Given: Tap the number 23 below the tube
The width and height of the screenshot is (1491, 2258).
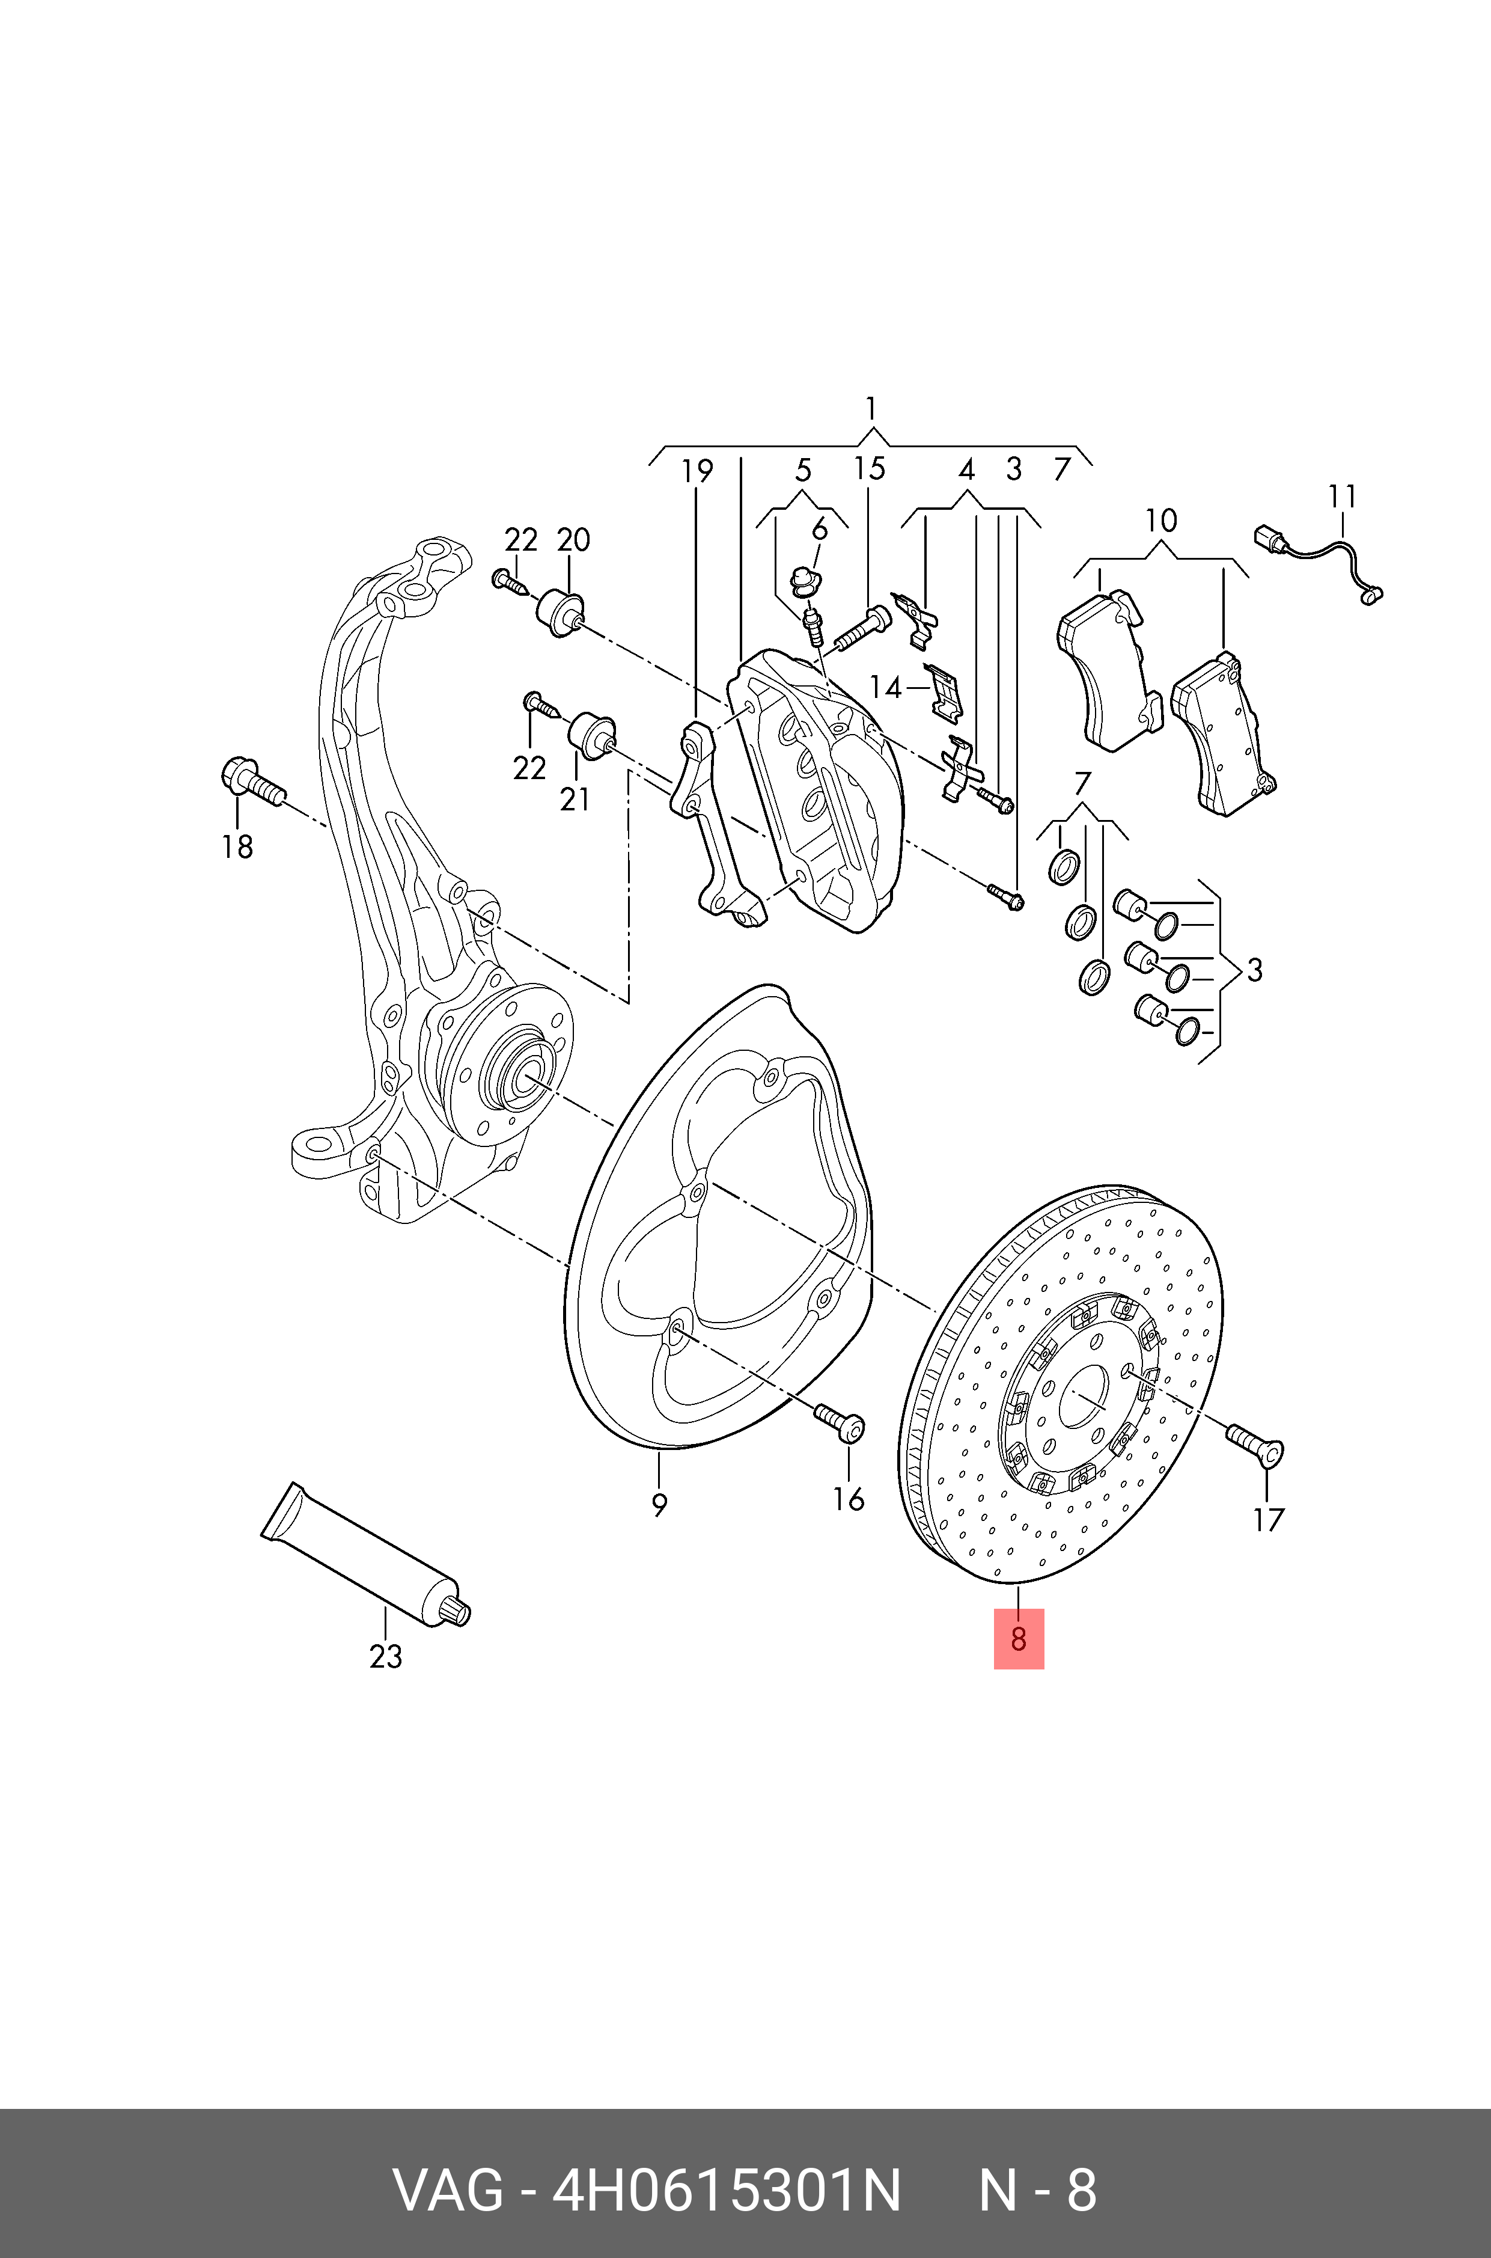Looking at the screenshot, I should [x=385, y=1656].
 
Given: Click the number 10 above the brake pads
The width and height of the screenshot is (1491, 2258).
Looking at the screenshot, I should [x=1161, y=520].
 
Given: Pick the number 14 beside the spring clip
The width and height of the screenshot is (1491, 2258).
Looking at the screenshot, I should [x=885, y=687].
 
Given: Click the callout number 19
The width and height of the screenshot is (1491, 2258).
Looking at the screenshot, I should [x=697, y=470].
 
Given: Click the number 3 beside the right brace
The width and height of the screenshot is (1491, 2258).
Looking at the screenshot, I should [x=1254, y=970].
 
